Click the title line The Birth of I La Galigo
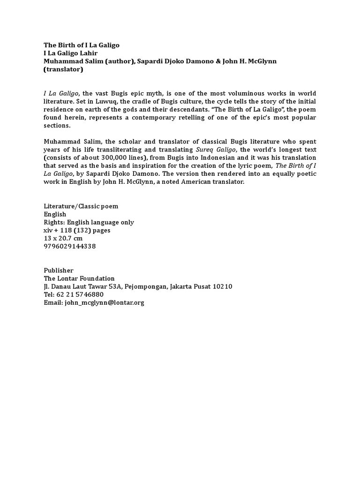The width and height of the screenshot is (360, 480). coord(82,45)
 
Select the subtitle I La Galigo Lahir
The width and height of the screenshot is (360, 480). coord(70,53)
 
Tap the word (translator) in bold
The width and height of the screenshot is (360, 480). coord(63,69)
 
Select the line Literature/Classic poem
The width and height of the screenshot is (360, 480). coord(81,206)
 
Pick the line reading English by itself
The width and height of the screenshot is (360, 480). coord(55,214)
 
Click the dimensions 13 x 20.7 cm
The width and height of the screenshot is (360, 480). coord(62,238)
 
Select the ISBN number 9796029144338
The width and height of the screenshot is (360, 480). coord(69,246)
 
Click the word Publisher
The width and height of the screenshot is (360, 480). coord(59,270)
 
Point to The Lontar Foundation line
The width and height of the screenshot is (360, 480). coord(79,278)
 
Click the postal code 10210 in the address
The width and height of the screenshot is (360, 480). coord(223,286)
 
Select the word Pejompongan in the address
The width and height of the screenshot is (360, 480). coord(144,286)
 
